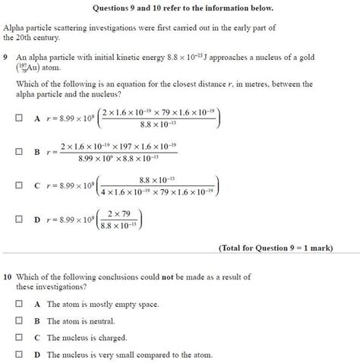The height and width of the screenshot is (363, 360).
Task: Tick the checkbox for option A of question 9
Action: point(18,118)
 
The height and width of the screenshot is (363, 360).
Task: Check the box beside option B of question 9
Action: point(18,152)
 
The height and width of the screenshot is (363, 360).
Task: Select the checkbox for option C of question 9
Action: point(18,185)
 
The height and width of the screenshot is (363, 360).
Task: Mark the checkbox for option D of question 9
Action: point(18,219)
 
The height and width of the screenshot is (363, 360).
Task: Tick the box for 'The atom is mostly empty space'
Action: point(18,304)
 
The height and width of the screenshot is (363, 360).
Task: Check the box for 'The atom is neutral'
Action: point(18,320)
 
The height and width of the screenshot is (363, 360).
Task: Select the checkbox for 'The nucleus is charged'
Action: point(18,338)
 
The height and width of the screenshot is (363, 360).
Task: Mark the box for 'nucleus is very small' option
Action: point(18,355)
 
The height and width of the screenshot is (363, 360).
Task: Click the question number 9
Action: point(6,56)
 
